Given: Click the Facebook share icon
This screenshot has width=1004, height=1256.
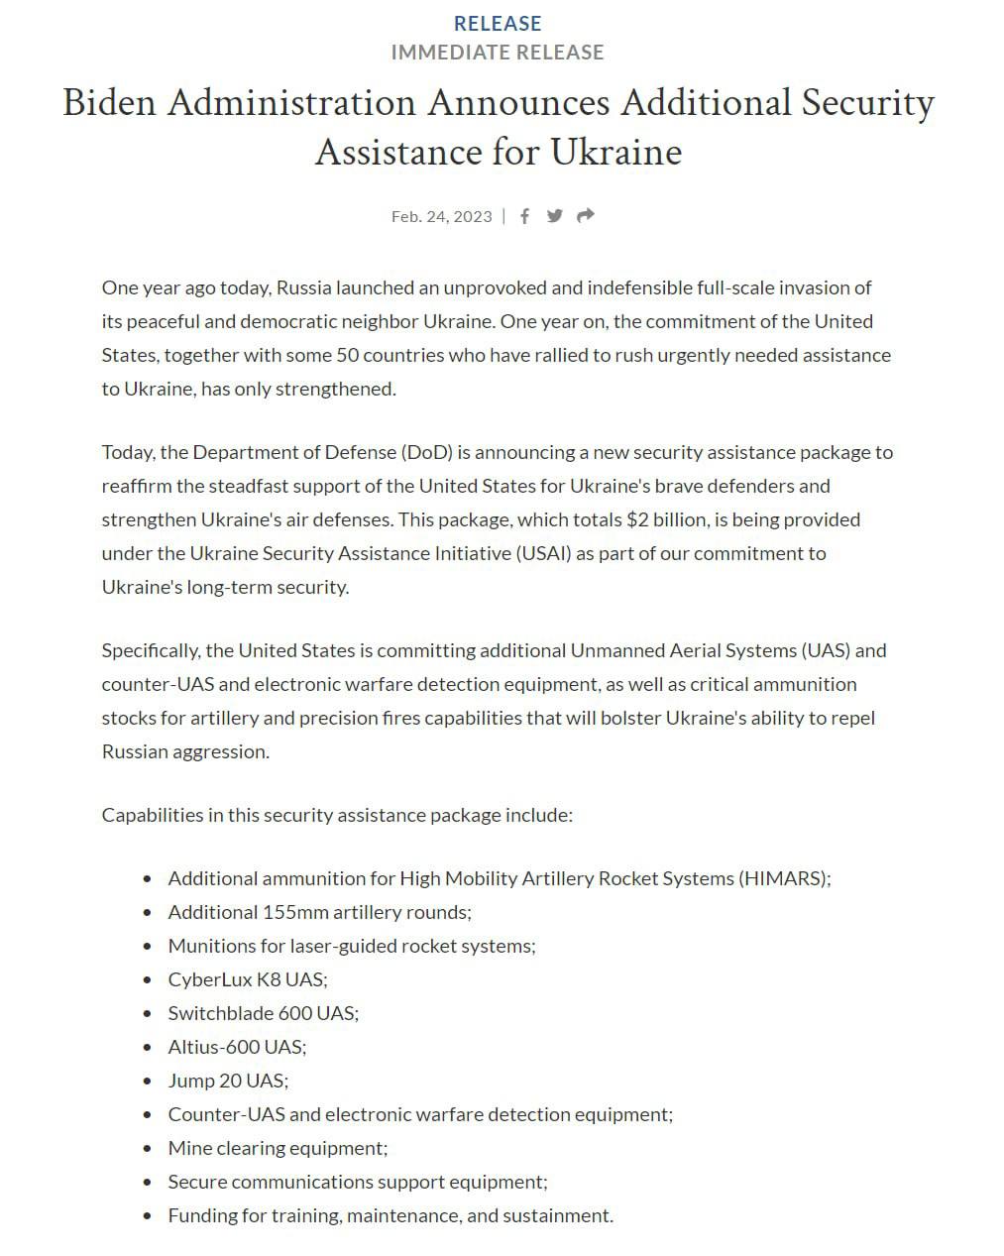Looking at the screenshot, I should (x=524, y=216).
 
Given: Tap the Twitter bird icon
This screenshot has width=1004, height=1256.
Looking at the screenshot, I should (x=555, y=216).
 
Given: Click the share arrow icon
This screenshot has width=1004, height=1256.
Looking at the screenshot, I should (x=586, y=216).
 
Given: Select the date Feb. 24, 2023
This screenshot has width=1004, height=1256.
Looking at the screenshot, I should (x=441, y=216).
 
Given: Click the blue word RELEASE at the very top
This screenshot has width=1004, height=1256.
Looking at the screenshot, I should (x=498, y=23).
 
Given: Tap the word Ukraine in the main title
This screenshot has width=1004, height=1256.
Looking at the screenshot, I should (x=615, y=152).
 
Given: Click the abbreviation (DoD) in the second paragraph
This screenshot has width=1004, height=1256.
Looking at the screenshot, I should (x=426, y=452).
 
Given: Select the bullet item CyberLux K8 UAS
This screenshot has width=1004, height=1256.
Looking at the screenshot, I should (x=247, y=979).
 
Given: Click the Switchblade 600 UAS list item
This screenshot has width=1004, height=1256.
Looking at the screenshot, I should (x=263, y=1013).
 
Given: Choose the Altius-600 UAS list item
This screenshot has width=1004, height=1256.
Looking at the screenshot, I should (x=237, y=1047).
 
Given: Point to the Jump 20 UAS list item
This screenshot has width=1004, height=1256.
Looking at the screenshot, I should (x=228, y=1081).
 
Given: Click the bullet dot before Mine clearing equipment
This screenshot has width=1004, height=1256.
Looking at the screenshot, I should (x=148, y=1149).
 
